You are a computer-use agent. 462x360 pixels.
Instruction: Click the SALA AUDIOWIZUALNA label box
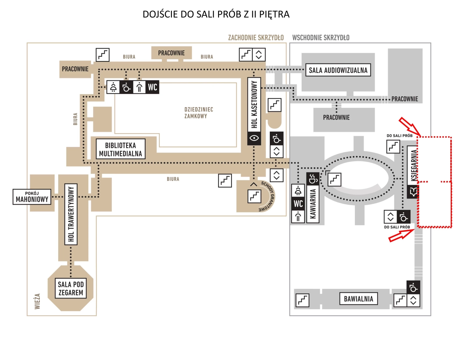click(338, 70)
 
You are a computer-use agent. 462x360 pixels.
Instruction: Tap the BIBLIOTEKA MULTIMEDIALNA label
click(120, 149)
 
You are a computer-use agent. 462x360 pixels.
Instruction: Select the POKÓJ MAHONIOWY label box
click(32, 197)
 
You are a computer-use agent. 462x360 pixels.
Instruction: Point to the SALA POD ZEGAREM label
click(71, 288)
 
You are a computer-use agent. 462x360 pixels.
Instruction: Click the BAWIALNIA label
click(359, 299)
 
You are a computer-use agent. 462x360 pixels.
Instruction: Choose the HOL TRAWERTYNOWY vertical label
click(71, 214)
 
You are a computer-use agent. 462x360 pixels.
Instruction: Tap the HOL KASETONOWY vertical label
click(254, 104)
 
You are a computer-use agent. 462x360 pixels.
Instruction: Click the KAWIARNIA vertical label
click(313, 204)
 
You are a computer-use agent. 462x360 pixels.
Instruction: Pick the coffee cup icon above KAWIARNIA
click(313, 179)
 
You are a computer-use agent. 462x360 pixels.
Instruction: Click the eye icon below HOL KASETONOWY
click(254, 138)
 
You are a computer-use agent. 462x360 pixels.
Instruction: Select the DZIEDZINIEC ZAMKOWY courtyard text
click(199, 113)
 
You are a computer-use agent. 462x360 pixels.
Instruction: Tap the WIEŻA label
click(37, 301)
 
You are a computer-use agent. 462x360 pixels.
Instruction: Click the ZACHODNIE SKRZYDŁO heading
click(256, 38)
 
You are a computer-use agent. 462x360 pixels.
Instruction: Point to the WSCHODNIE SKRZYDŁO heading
click(321, 38)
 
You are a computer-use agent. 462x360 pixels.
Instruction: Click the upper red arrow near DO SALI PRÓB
click(410, 126)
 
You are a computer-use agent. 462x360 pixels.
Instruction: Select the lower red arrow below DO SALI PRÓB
click(402, 235)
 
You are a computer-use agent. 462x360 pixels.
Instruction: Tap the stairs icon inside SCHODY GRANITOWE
click(254, 196)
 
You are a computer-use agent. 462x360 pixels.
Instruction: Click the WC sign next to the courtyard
click(152, 87)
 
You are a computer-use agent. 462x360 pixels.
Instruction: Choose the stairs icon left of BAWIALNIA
click(302, 300)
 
